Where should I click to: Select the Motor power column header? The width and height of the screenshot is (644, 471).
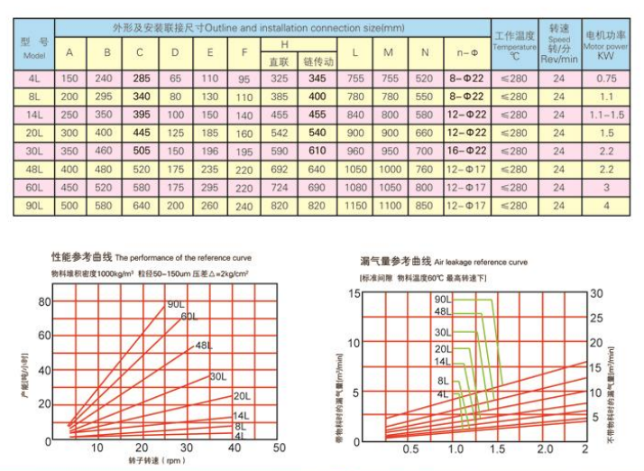[606, 42]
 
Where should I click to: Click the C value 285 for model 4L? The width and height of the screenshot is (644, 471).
[141, 78]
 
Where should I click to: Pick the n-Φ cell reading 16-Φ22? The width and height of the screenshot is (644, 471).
[467, 151]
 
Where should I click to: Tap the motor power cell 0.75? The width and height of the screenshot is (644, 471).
[606, 78]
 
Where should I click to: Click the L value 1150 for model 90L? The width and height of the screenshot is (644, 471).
[356, 206]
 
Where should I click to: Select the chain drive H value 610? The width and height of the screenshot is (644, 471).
[317, 151]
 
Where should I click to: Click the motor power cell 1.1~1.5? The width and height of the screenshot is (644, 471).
[606, 115]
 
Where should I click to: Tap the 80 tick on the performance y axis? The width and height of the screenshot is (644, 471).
[45, 302]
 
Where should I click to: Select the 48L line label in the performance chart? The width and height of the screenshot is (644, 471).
[204, 346]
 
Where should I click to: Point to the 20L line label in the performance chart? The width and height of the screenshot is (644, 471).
[241, 396]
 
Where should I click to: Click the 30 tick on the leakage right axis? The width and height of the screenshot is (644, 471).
[596, 294]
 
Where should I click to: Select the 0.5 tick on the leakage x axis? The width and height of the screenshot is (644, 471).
[410, 448]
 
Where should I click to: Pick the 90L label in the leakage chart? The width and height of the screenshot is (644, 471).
[442, 299]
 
